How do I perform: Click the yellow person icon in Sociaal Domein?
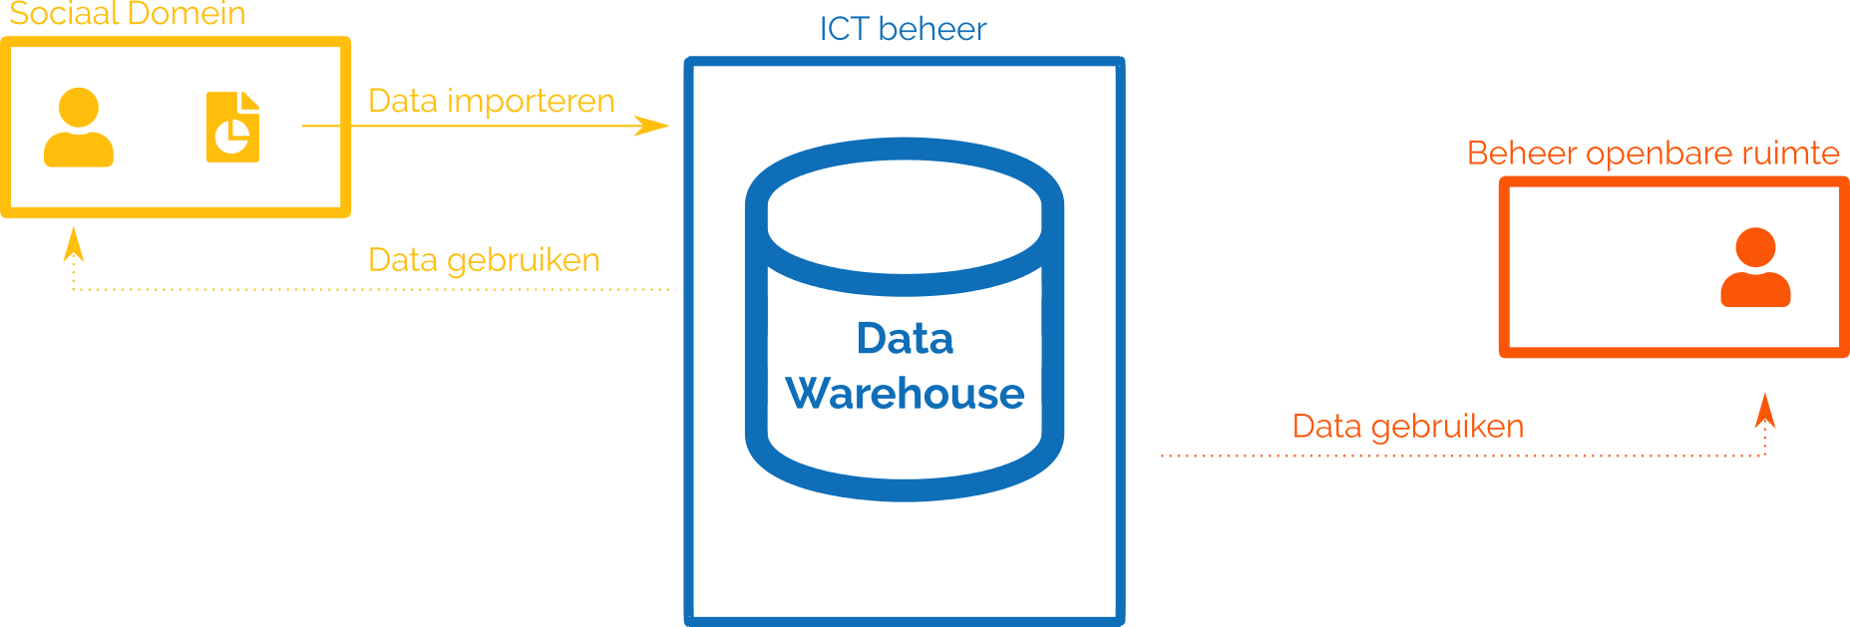(79, 128)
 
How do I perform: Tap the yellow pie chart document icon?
(232, 127)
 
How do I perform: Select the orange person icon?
(1755, 267)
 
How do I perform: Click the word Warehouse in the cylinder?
(905, 394)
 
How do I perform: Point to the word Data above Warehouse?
(905, 339)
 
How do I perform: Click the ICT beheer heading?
(903, 29)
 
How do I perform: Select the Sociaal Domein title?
(127, 14)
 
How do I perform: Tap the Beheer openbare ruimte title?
(1653, 154)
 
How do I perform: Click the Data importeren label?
(491, 101)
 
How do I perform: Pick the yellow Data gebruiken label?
(484, 260)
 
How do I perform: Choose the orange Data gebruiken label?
(1407, 427)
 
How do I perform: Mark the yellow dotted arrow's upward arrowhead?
(73, 243)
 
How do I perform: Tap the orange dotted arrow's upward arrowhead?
(1765, 410)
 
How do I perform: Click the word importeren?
(531, 101)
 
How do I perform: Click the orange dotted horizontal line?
(1446, 456)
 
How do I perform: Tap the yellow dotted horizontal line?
(379, 289)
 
